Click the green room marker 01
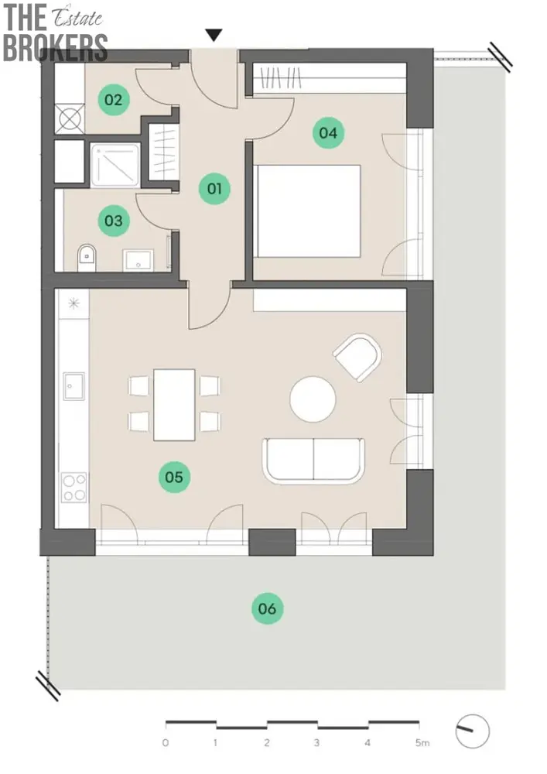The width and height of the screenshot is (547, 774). pos(214,189)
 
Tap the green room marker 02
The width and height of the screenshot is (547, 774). pos(114,100)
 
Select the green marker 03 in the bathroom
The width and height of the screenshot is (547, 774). pos(114,220)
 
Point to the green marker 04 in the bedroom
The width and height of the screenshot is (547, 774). pos(328,133)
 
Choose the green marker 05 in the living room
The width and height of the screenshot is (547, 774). pos(174,477)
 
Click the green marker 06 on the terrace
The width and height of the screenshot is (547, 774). pos(268,608)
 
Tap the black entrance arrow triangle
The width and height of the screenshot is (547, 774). pos(214,35)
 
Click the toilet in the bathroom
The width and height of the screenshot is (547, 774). pos(87,257)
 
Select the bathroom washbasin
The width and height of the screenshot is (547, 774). pos(138,260)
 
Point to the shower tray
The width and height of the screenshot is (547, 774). pos(115,165)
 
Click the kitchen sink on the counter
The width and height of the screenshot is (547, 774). pos(74,386)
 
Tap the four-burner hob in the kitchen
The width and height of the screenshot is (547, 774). pos(74,487)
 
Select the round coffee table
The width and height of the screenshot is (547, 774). pos(313,399)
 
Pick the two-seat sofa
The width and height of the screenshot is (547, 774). pos(313,460)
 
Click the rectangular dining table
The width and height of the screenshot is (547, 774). pos(174,405)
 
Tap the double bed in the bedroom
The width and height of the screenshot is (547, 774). pos(307,211)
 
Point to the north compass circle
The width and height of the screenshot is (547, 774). pos(472,731)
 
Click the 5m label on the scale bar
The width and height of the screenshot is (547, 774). pos(422,742)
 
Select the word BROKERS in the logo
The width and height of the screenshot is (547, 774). pos(55,47)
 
